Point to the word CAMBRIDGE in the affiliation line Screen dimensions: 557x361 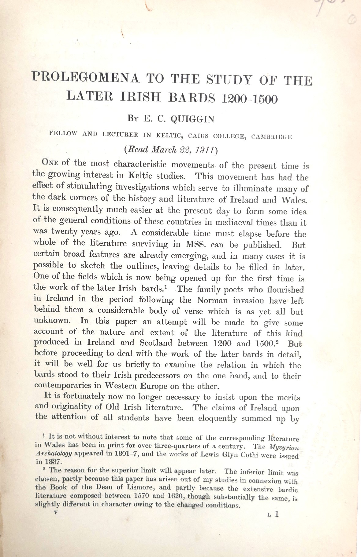(x=271, y=137)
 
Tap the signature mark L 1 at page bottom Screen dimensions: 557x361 (x=273, y=514)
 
